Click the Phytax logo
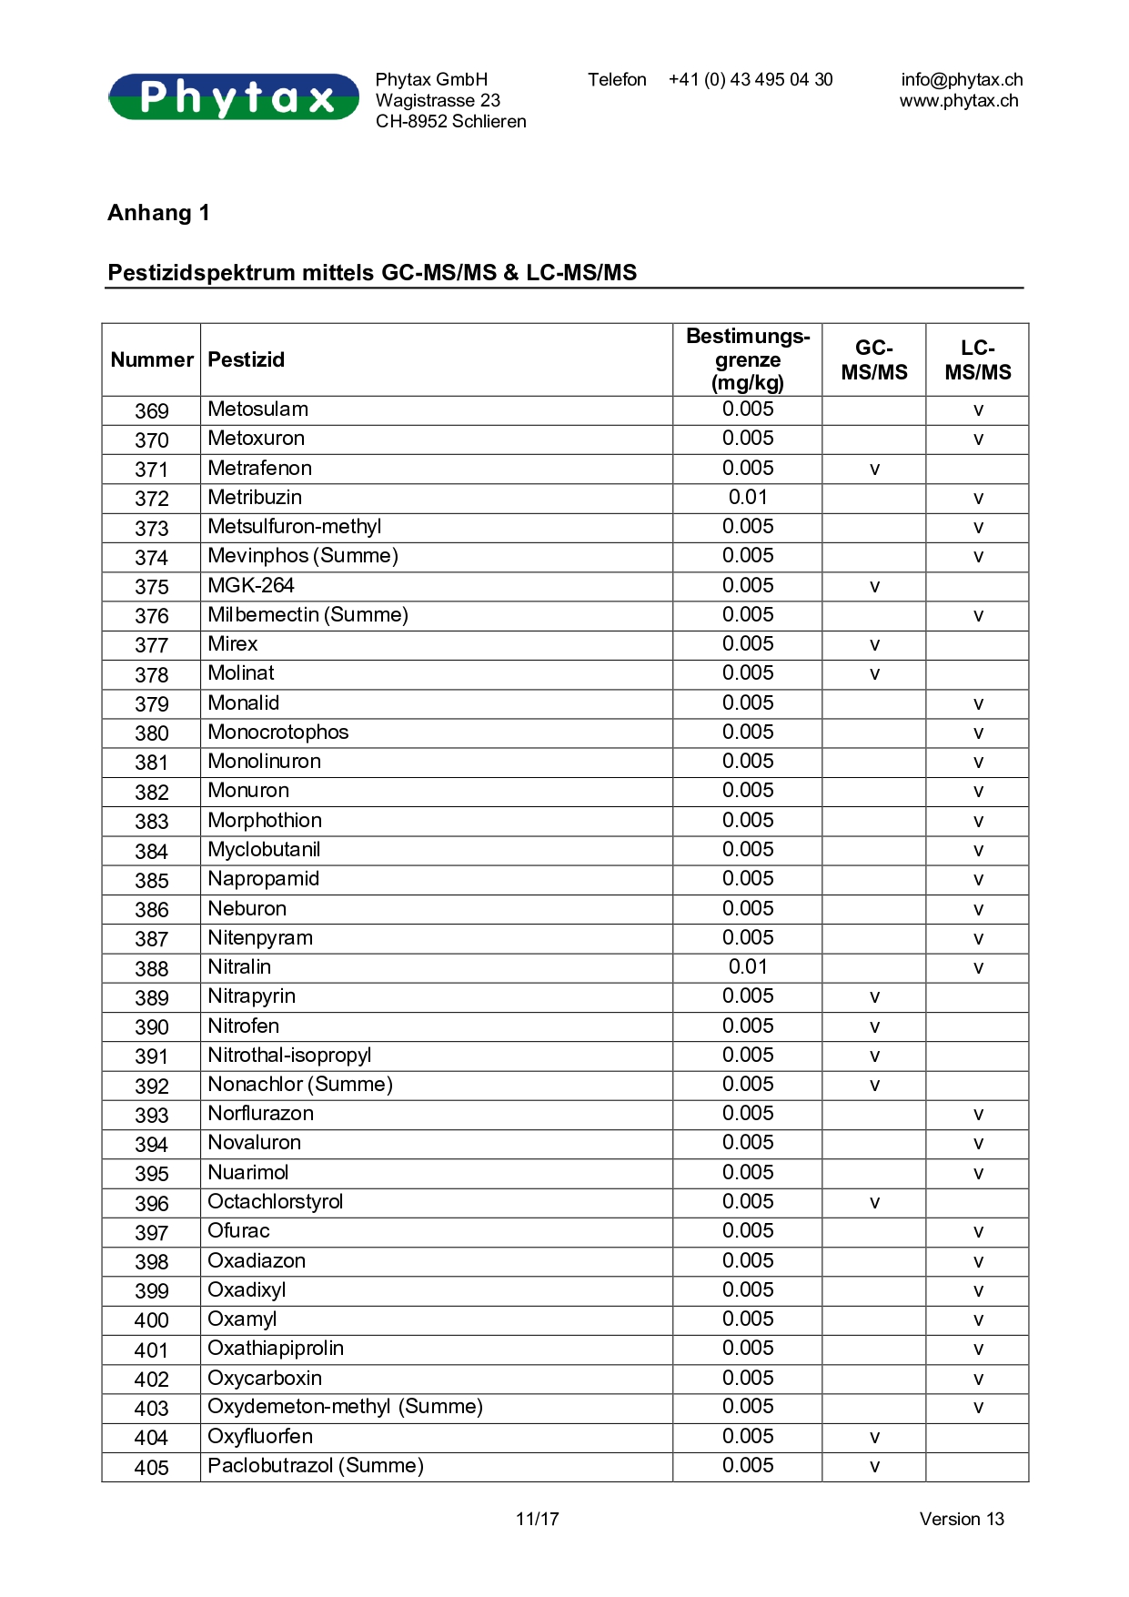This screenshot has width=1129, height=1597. pos(234,96)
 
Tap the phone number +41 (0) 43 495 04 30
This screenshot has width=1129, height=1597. pos(750,79)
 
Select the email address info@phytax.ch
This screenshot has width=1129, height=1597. pos(962,79)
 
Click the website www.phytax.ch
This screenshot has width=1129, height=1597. pos(959,100)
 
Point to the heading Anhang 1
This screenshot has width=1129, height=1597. pos(158,213)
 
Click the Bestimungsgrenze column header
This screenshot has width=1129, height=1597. pos(748,359)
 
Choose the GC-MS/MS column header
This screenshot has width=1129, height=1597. pos(873,359)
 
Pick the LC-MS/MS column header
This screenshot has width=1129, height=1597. pos(977,359)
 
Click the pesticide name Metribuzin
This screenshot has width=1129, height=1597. pos(255,497)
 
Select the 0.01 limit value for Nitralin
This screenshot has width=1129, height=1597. pos(748,966)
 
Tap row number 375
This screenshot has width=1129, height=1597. pos(151,587)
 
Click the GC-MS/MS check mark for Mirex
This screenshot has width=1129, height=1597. pos(874,645)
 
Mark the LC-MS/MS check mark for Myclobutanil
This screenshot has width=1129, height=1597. pos(978,851)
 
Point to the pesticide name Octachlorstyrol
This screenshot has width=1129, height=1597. pos(275,1201)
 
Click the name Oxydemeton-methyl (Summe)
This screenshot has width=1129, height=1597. pos(345,1406)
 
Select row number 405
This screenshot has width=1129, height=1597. pos(151,1467)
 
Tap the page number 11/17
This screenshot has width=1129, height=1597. pos(537,1519)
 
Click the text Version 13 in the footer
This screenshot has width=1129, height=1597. pos(961,1519)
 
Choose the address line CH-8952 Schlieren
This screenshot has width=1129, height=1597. pos(450,121)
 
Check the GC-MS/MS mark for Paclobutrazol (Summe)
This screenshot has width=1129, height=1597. pos(874,1467)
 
